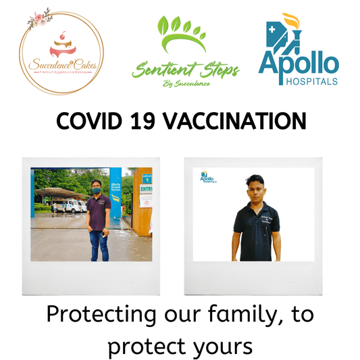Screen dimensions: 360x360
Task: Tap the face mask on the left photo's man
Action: (97, 191)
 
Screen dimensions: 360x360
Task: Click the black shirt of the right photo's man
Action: (254, 228)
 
